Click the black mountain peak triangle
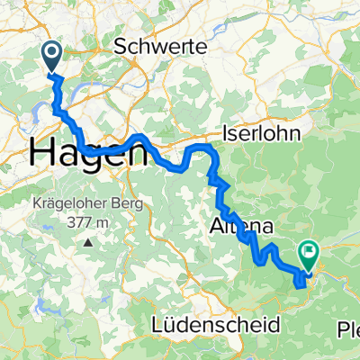pos(89,242)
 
